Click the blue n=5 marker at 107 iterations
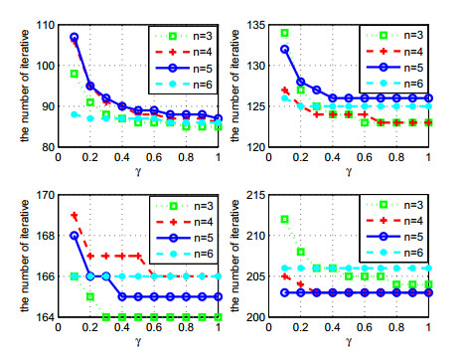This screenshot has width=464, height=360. pyautogui.click(x=74, y=37)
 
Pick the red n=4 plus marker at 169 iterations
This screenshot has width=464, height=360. pyautogui.click(x=74, y=215)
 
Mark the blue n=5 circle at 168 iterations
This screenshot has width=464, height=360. pyautogui.click(x=74, y=236)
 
